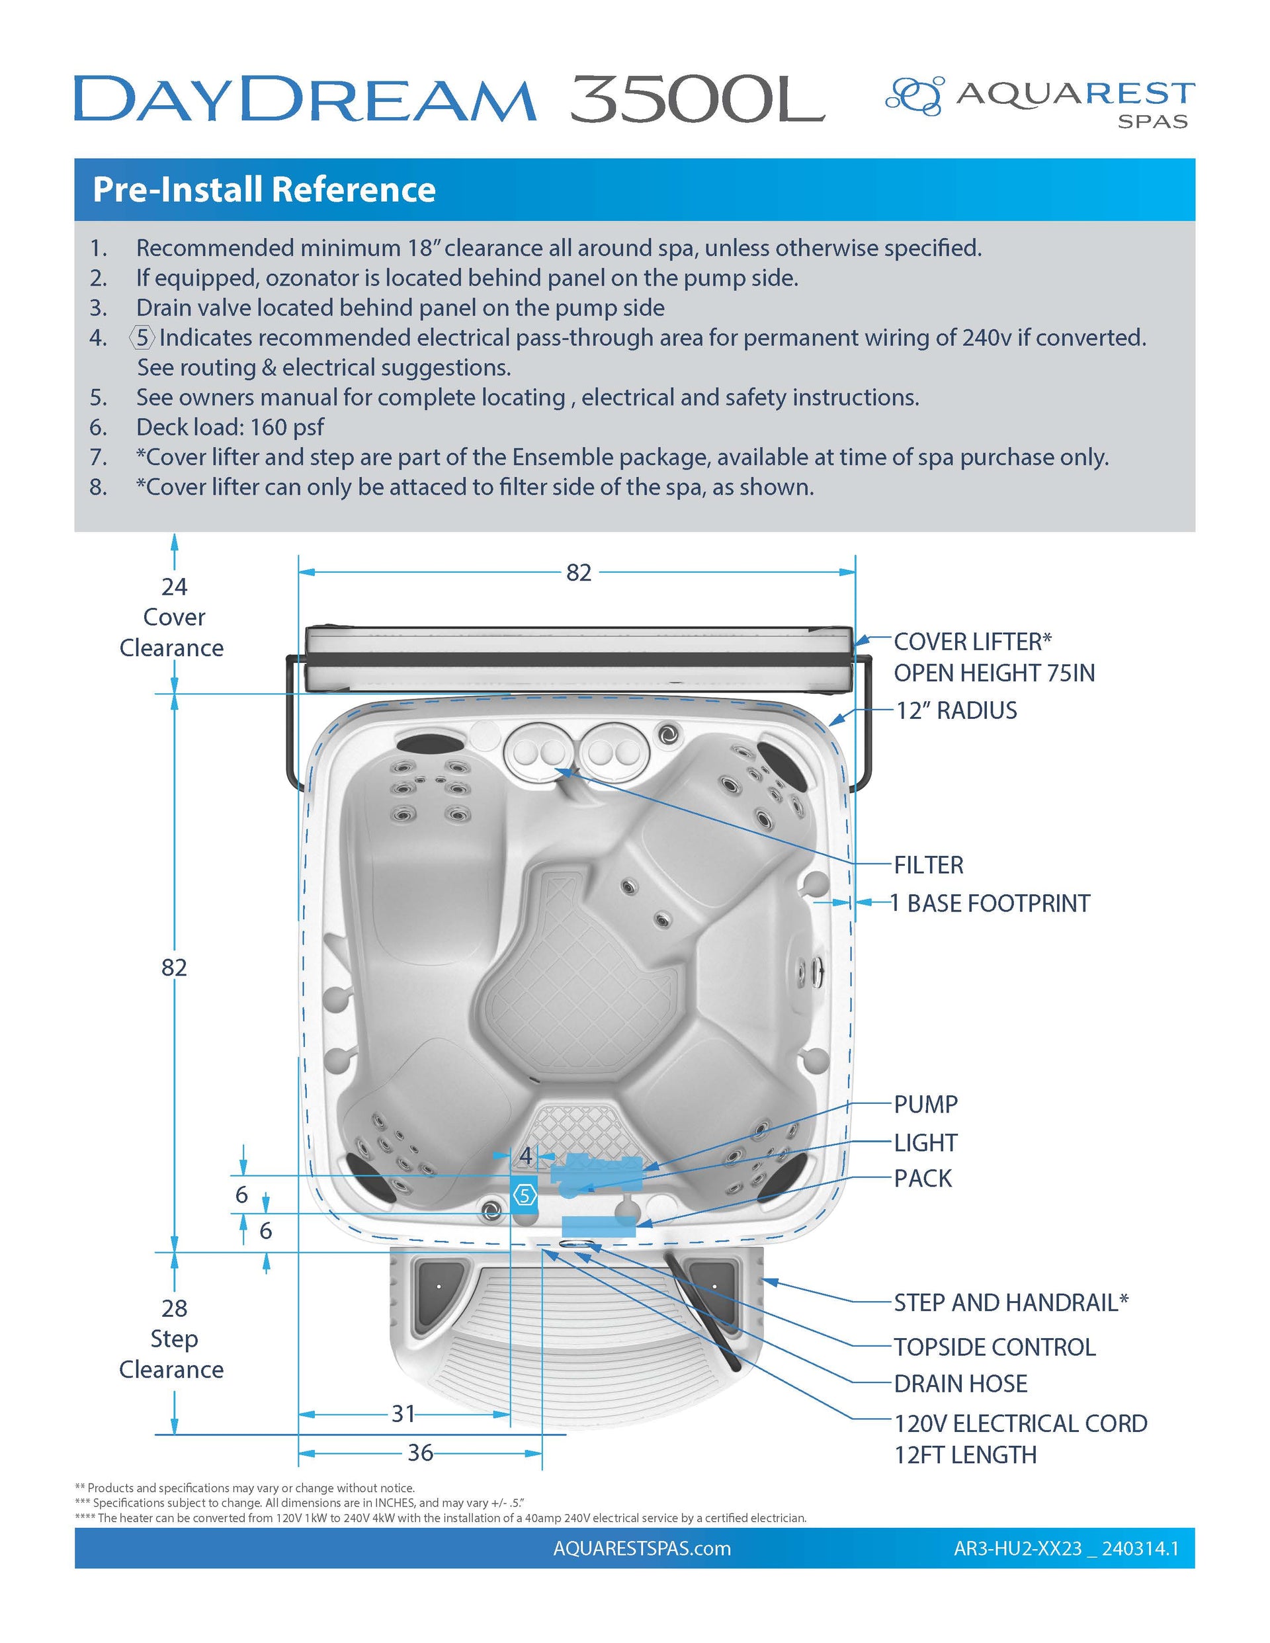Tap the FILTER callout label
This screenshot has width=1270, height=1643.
tap(927, 865)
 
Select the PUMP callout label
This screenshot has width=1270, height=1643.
tap(925, 1105)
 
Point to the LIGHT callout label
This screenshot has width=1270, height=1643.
tap(925, 1143)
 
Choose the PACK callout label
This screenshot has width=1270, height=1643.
tap(923, 1178)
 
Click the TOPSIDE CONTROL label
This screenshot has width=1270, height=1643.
tap(994, 1347)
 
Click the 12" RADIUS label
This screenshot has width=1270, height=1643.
tap(956, 710)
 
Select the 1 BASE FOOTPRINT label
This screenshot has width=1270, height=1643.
tap(990, 903)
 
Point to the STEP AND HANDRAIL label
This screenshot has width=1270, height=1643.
tap(1011, 1303)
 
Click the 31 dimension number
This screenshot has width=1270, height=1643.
tap(403, 1413)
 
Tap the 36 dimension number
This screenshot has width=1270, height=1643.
tap(420, 1453)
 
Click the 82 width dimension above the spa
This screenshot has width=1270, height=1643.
tap(578, 573)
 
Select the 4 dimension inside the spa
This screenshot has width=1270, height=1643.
tap(526, 1156)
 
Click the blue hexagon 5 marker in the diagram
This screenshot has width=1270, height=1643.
tap(525, 1195)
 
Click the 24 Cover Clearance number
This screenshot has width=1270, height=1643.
tap(174, 586)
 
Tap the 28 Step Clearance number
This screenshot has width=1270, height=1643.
tap(174, 1308)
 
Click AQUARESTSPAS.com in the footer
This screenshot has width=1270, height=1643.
tap(642, 1549)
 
